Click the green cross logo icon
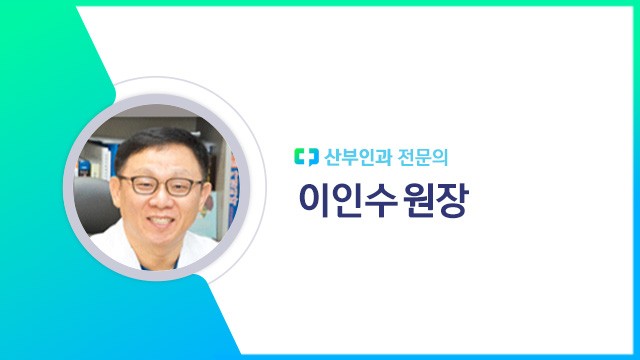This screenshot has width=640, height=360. click(x=305, y=156)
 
